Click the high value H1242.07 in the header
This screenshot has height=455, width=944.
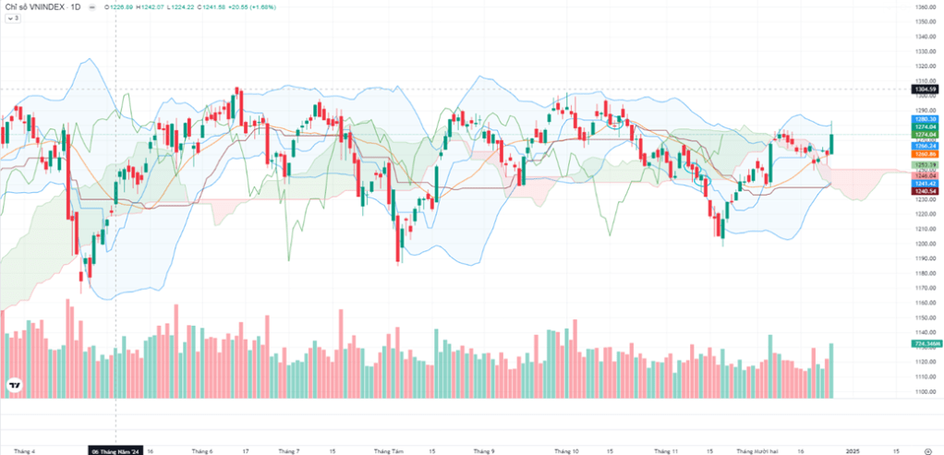pyautogui.click(x=150, y=6)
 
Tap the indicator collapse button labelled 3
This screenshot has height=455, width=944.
pyautogui.click(x=13, y=18)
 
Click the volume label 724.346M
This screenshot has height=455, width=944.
pyautogui.click(x=926, y=343)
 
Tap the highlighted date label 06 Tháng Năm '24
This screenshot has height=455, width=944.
pyautogui.click(x=115, y=451)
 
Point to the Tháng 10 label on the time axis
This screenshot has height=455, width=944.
pyautogui.click(x=566, y=451)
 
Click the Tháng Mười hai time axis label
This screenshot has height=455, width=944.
pyautogui.click(x=754, y=451)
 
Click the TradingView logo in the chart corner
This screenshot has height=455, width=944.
pyautogui.click(x=14, y=386)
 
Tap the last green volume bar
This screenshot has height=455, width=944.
pyautogui.click(x=831, y=370)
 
